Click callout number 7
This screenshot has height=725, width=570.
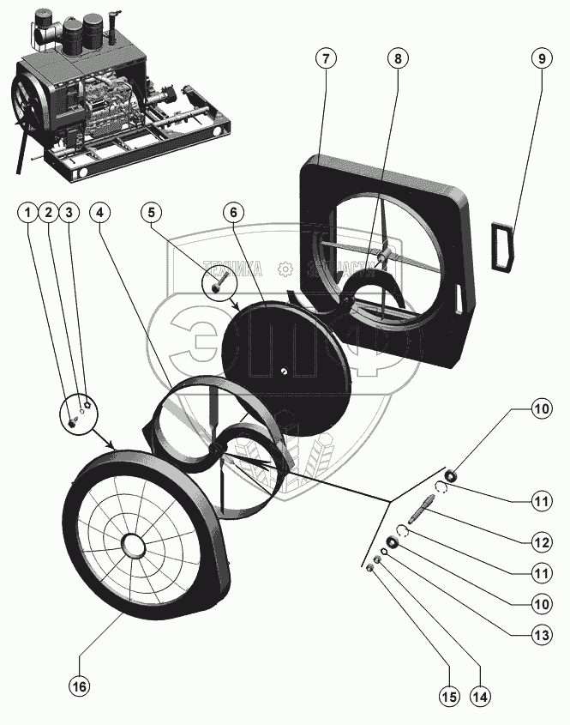point(325,58)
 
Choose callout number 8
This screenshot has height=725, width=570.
point(397,58)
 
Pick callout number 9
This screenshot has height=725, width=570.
point(539,58)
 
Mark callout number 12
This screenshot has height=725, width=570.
point(539,542)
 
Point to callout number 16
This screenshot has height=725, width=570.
point(79,687)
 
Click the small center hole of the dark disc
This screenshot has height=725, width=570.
point(284,371)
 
